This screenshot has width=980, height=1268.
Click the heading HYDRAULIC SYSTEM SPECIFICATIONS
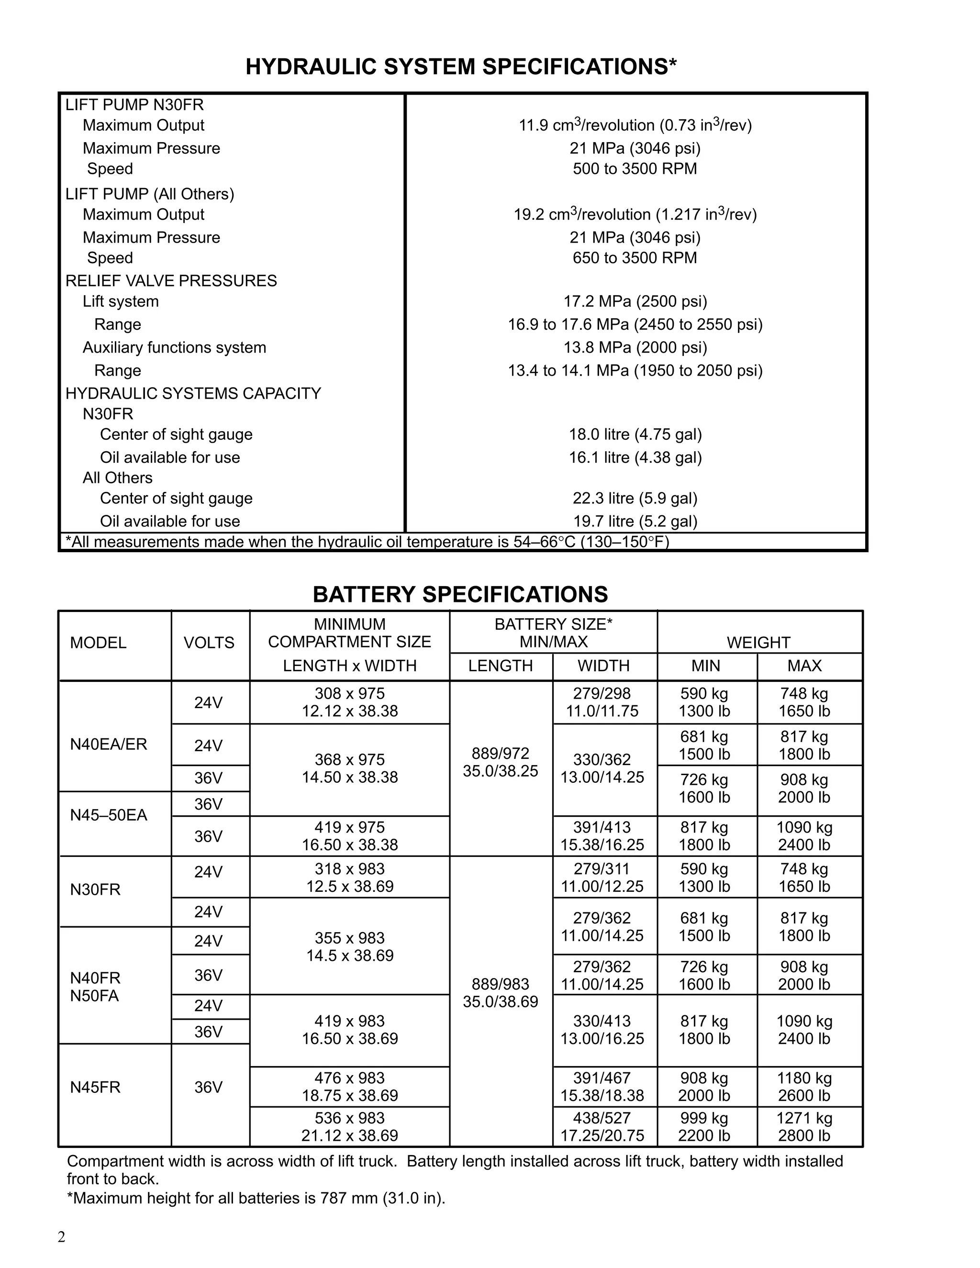tap(460, 67)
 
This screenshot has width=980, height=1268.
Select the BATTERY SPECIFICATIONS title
tap(460, 594)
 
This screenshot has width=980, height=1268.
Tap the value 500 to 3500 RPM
tap(635, 169)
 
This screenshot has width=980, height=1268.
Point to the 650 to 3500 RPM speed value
tap(635, 258)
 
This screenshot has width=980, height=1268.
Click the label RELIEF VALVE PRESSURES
tap(171, 281)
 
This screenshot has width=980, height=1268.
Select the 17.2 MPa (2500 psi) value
tap(635, 301)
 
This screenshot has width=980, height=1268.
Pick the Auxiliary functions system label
tap(174, 347)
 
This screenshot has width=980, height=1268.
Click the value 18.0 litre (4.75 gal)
tap(635, 434)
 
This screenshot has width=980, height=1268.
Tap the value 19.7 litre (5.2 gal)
tap(635, 522)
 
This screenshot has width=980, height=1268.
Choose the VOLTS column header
tap(209, 643)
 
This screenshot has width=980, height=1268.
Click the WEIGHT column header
tap(758, 643)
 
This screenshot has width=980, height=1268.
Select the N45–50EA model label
tap(109, 815)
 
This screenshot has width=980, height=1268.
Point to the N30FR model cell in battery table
tap(95, 890)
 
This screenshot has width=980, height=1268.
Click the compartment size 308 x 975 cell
tap(349, 702)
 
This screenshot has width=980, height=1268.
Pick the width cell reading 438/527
tap(602, 1126)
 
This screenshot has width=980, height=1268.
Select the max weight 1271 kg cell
tap(804, 1126)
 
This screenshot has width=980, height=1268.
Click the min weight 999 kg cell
tap(704, 1126)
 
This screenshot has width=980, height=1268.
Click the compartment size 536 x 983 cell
tap(349, 1126)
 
